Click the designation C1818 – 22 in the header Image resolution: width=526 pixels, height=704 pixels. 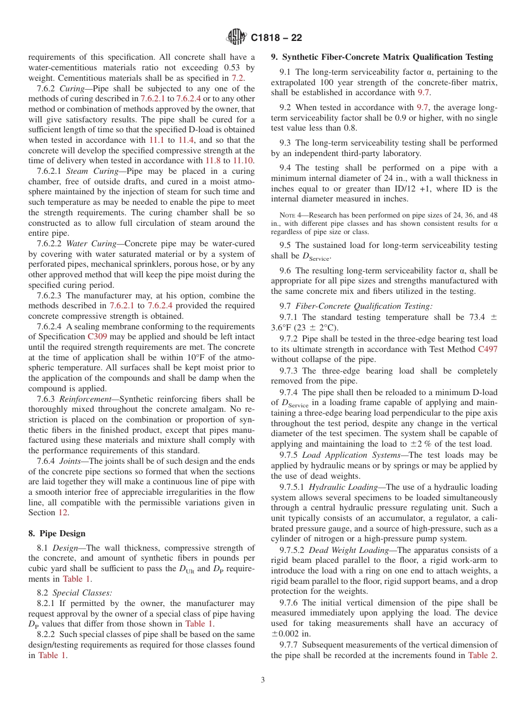pos(276,38)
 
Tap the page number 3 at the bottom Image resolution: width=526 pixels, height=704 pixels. pos(262,680)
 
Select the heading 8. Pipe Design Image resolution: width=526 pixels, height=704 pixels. pos(57,534)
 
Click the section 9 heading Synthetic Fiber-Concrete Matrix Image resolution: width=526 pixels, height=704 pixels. pos(381,57)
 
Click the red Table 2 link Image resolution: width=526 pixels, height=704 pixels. pos(482,655)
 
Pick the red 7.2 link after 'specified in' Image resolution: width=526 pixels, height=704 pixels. pos(238,78)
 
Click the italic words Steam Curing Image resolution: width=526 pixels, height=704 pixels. pos(89,171)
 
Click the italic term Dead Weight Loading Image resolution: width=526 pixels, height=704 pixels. pos(347,550)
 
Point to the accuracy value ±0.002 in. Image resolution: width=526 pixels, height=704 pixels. pos(291,634)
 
